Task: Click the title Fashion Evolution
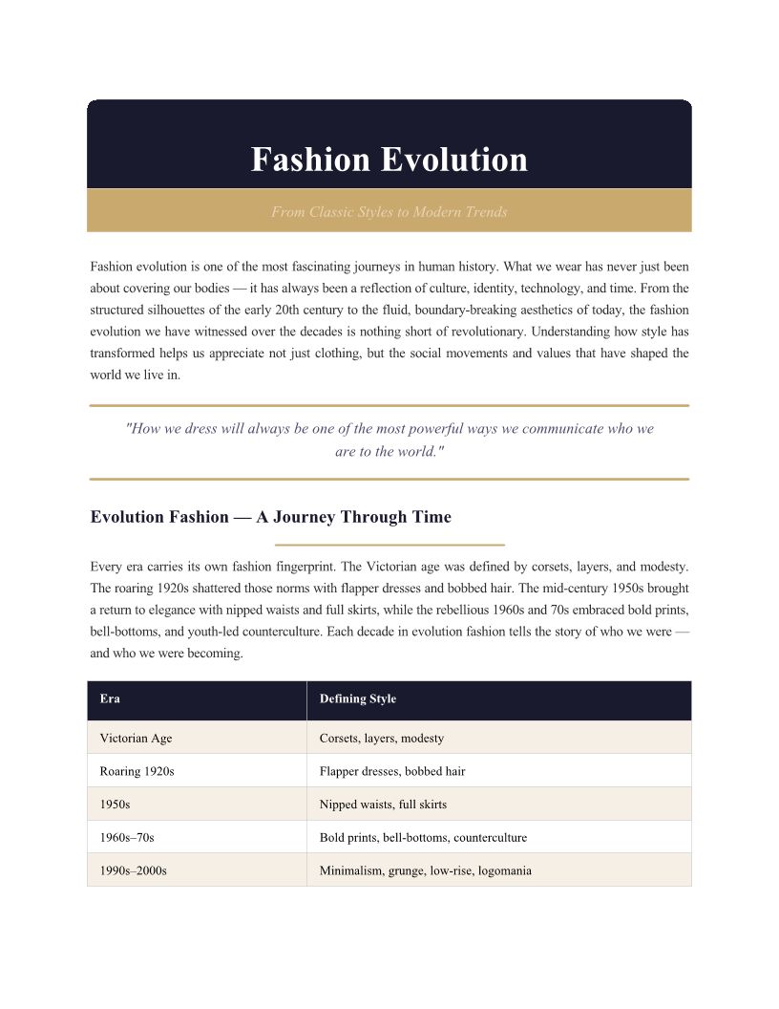(389, 160)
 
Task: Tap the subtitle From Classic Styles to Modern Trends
(389, 212)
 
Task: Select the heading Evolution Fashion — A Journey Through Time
(270, 517)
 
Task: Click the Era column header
(110, 698)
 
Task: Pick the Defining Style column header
(357, 698)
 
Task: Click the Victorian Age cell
(136, 738)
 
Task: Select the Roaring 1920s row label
(137, 771)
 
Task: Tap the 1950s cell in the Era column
(115, 805)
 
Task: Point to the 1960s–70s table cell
(126, 838)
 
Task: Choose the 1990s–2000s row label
(133, 870)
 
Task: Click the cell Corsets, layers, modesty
(381, 738)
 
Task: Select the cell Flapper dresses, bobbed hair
(392, 771)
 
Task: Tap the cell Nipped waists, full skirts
(383, 805)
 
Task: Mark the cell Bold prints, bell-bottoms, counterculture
(423, 838)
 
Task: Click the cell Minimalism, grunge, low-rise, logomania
(425, 870)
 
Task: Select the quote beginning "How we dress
(389, 440)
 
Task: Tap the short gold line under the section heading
(389, 545)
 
